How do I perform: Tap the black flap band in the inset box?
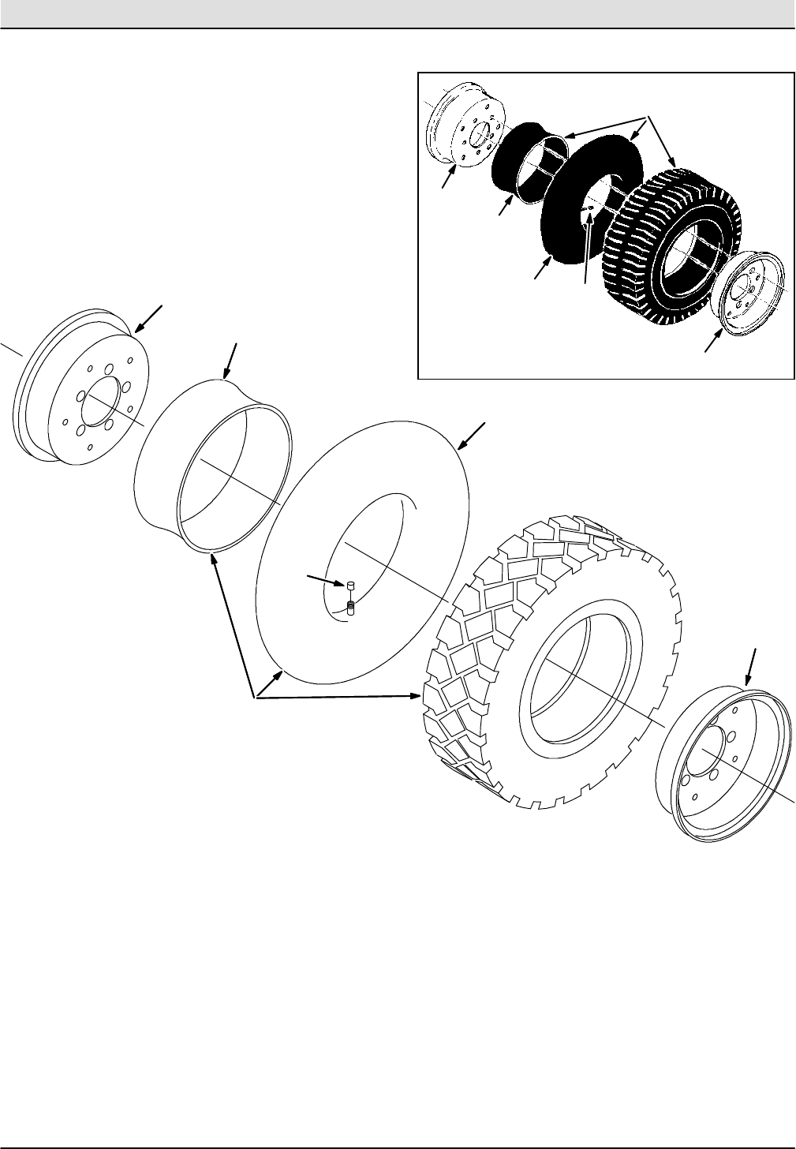[521, 162]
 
